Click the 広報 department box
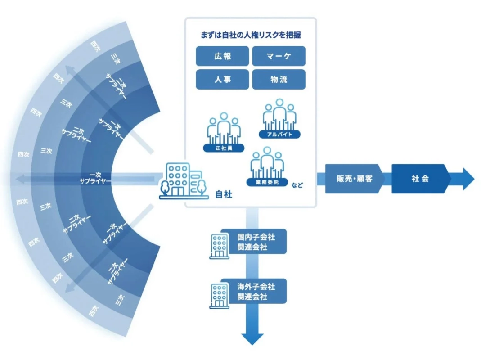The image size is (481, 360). pyautogui.click(x=222, y=56)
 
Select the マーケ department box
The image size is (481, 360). pyautogui.click(x=279, y=56)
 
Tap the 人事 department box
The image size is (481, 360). pyautogui.click(x=222, y=80)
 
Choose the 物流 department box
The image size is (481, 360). pyautogui.click(x=279, y=80)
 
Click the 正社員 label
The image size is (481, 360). pyautogui.click(x=224, y=148)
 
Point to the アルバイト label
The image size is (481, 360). pyautogui.click(x=279, y=134)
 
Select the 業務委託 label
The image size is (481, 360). pyautogui.click(x=267, y=182)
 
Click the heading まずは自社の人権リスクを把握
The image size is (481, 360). pyautogui.click(x=251, y=35)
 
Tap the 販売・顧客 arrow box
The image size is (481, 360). pyautogui.click(x=355, y=179)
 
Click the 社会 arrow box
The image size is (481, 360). pyautogui.click(x=420, y=179)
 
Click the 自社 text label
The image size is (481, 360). pyautogui.click(x=224, y=194)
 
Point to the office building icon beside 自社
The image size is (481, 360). pyautogui.click(x=183, y=180)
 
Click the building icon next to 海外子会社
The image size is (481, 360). pyautogui.click(x=219, y=295)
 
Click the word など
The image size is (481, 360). pyautogui.click(x=297, y=184)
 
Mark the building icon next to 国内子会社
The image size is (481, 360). pyautogui.click(x=219, y=246)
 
